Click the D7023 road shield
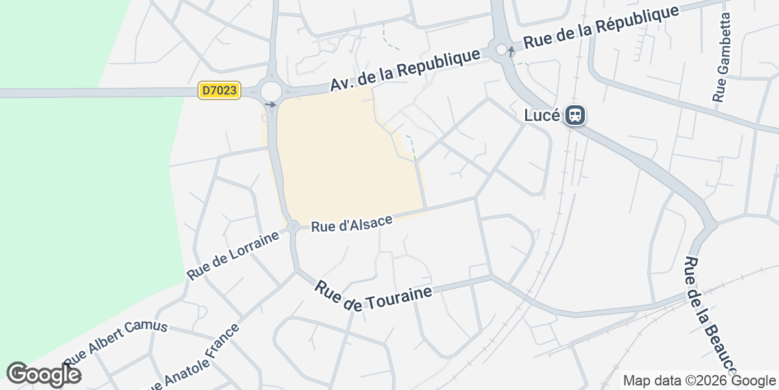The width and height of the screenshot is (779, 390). [x=219, y=91]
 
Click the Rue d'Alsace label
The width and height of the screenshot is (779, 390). [x=352, y=224]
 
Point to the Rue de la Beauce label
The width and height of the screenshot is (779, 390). [x=711, y=315]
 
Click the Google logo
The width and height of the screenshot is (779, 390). [x=43, y=374]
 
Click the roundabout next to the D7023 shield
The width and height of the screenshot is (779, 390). [x=270, y=90]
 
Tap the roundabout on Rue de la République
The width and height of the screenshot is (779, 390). [x=501, y=49]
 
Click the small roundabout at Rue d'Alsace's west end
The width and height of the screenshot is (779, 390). [x=293, y=227]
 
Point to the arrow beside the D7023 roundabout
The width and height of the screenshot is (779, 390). [x=271, y=105]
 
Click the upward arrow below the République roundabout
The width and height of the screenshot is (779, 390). [x=511, y=52]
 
